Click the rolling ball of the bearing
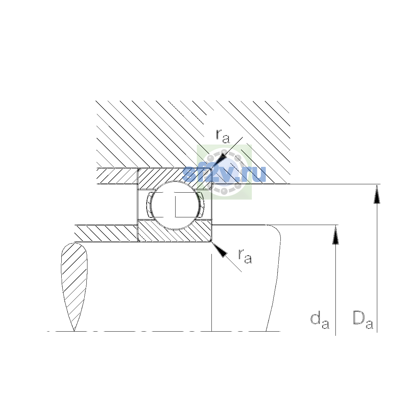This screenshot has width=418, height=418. (175, 205)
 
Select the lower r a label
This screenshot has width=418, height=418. (245, 256)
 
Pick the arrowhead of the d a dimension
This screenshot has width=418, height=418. (335, 234)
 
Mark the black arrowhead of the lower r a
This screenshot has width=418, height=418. (219, 250)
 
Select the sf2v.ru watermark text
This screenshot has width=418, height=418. (224, 173)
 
